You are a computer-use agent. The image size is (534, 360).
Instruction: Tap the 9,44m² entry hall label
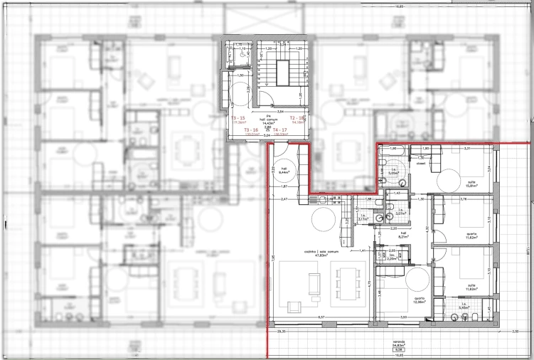[x=282, y=171]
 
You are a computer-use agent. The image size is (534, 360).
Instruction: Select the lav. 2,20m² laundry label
[x=392, y=258]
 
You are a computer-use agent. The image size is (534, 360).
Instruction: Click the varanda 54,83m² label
[x=399, y=343]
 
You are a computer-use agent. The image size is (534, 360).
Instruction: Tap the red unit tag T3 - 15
[x=238, y=118]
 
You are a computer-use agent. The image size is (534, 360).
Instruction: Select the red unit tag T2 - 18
[x=297, y=118]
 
